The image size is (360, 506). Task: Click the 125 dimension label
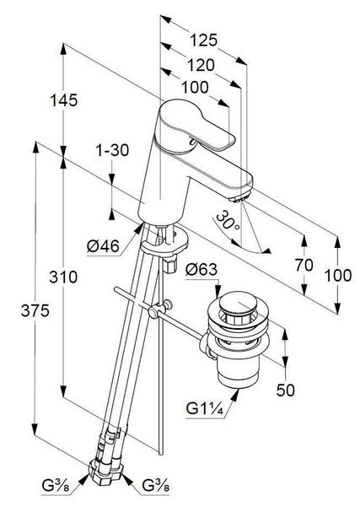click(203, 40)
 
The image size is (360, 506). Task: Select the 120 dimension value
click(201, 65)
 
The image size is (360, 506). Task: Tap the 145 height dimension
click(64, 100)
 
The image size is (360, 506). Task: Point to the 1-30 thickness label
click(112, 150)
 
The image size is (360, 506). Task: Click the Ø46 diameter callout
click(103, 246)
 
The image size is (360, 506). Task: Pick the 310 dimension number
click(63, 277)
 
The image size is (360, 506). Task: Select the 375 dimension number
click(35, 310)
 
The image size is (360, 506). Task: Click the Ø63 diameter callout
click(201, 270)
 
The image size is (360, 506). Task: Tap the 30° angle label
click(228, 221)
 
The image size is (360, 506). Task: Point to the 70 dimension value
click(304, 266)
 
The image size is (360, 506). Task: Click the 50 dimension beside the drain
click(286, 390)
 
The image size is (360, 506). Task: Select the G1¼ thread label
click(205, 409)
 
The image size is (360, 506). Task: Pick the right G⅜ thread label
click(156, 485)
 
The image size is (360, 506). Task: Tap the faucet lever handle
click(196, 126)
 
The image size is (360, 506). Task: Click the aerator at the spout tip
click(240, 196)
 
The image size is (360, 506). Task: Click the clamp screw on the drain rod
click(159, 310)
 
